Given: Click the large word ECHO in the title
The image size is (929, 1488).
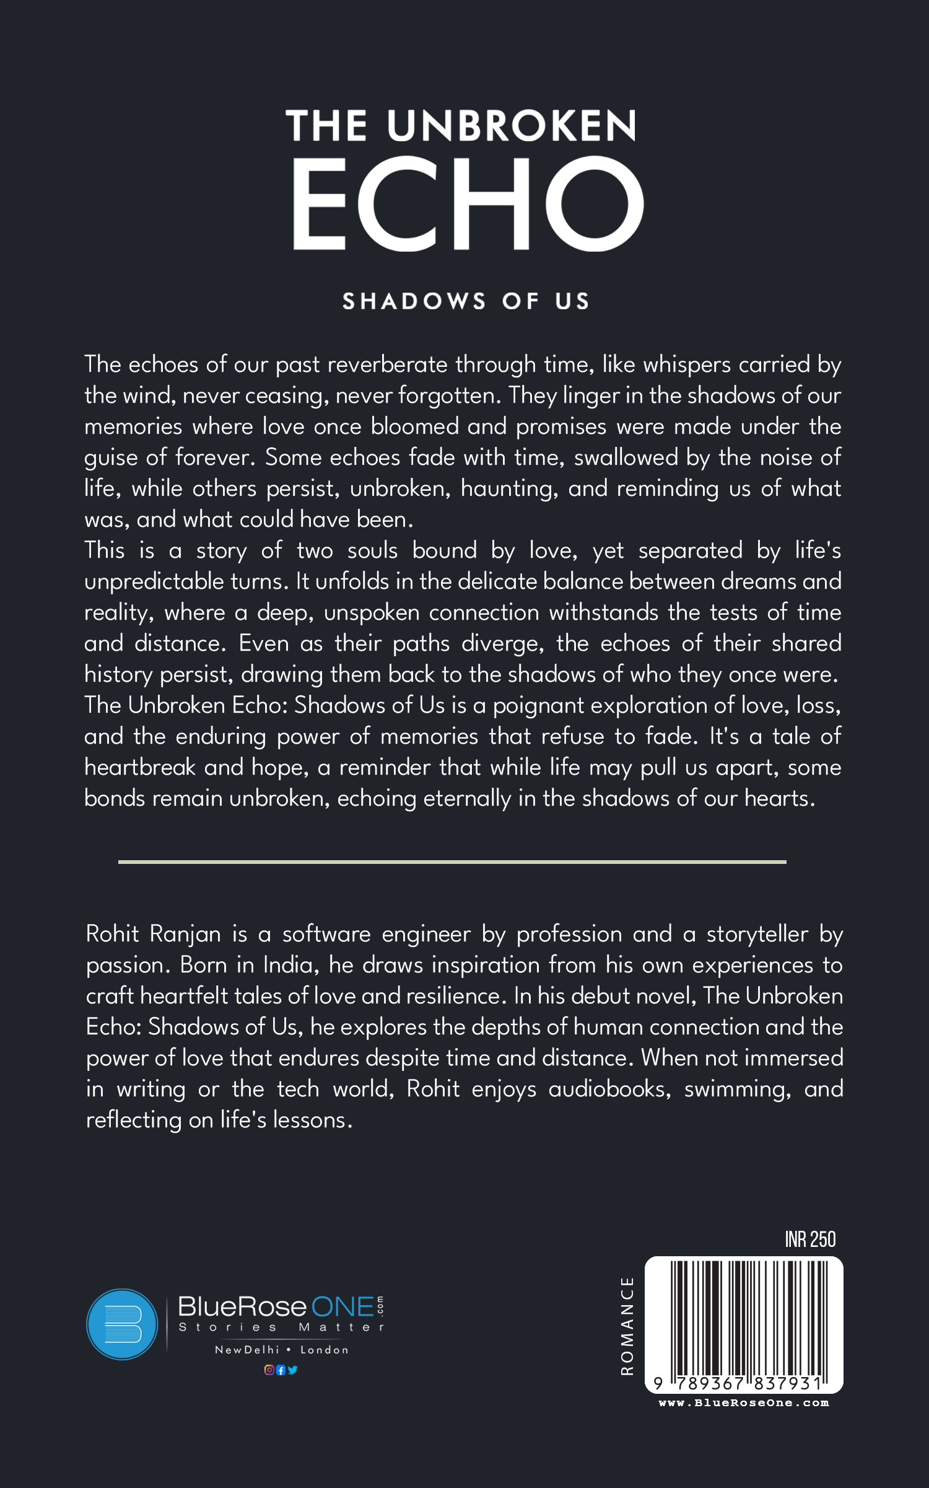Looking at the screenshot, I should point(468,203).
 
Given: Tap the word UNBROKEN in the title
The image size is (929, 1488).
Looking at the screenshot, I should point(512,126).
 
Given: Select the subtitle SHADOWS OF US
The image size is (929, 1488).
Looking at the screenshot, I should point(466,302).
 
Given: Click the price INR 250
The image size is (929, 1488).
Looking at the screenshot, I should point(810,1239).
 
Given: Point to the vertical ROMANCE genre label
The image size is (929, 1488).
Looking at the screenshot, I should point(627,1326).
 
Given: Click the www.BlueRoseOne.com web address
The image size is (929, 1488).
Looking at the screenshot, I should point(743,1403).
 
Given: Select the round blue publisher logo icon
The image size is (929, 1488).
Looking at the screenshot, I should point(122,1324).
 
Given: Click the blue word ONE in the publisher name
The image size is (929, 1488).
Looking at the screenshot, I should point(342,1307).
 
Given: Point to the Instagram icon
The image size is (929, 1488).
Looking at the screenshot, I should point(269,1370).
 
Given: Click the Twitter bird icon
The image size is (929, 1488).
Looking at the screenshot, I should point(293,1370).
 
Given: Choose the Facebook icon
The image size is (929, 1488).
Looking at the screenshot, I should point(281,1370).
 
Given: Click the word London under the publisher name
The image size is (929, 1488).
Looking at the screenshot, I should point(325,1350).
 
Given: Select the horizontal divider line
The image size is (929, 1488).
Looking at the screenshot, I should point(452,862).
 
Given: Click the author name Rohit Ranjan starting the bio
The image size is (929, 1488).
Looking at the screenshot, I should point(153,934).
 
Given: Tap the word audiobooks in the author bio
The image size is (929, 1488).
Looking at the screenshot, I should point(609,1089).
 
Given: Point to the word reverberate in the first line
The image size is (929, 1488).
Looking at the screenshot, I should point(387,364).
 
